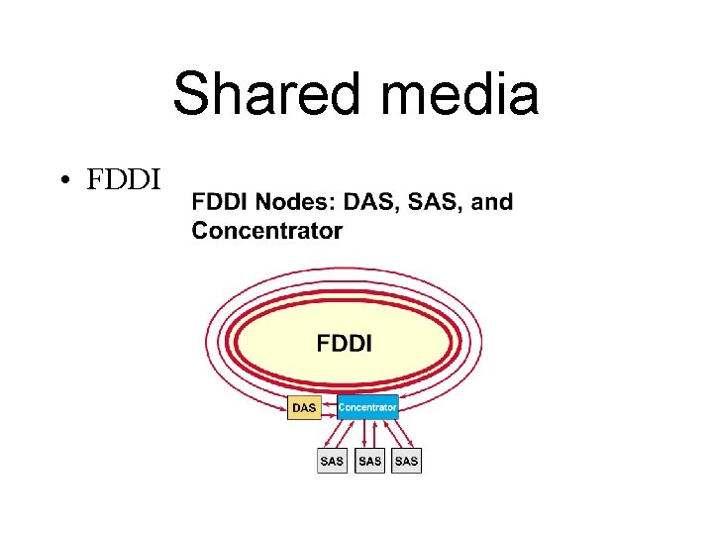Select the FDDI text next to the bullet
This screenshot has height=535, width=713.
[122, 180]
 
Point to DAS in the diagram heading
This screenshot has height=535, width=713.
[365, 202]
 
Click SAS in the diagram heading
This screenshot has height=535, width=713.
[432, 202]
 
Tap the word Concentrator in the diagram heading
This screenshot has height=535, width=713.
[266, 231]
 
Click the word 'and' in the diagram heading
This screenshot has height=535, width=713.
[492, 202]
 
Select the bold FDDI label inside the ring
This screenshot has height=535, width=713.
[344, 344]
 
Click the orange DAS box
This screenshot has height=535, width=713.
[305, 407]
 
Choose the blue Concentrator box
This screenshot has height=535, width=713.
[367, 407]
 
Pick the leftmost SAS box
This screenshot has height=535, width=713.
[332, 461]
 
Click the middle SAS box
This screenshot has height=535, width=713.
[369, 461]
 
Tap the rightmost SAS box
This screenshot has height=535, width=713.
[406, 461]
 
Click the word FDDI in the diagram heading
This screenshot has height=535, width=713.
[222, 202]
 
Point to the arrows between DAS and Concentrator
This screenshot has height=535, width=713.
[330, 407]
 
